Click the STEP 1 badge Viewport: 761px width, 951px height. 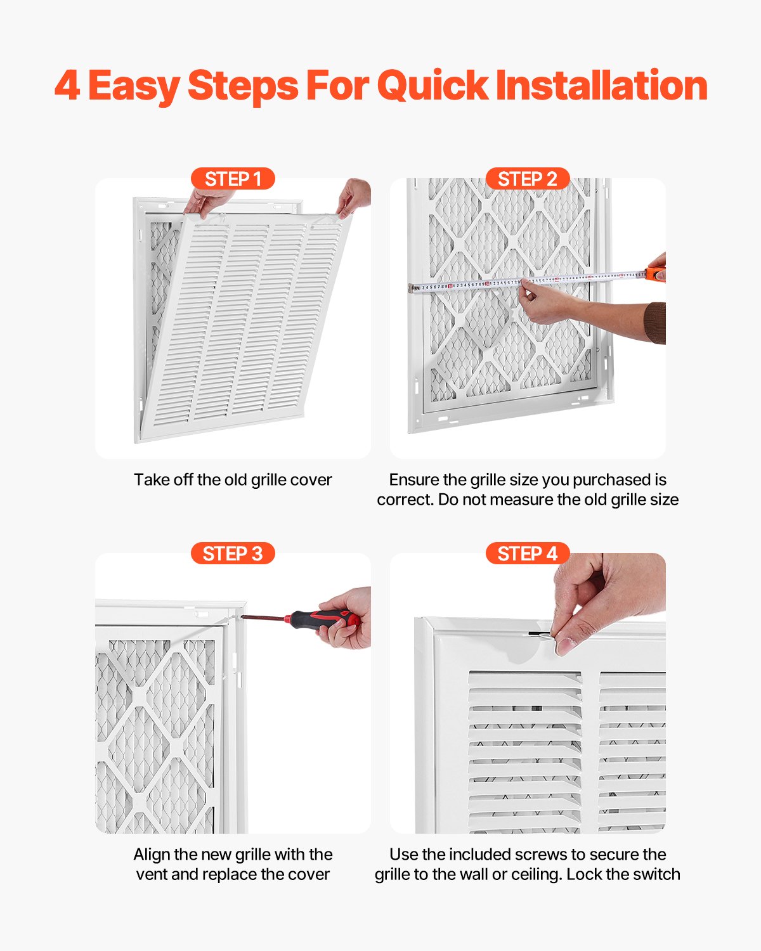click(x=233, y=179)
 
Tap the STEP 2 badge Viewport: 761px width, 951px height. click(x=527, y=179)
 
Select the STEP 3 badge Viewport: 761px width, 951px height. click(x=233, y=553)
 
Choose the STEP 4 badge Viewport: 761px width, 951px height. click(x=527, y=553)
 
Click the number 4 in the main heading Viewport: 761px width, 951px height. click(x=67, y=86)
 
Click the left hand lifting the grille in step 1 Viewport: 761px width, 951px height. click(x=206, y=201)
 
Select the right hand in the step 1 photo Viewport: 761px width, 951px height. click(x=354, y=197)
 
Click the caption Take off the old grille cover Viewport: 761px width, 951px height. click(x=233, y=480)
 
